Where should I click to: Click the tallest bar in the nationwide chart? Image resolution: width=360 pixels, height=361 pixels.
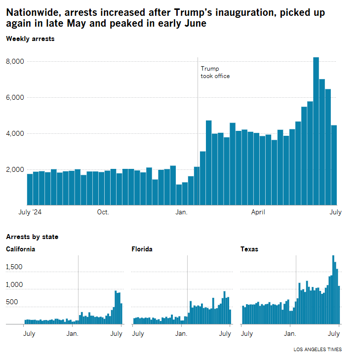tap(316, 131)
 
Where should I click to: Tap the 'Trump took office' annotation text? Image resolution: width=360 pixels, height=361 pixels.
tap(215, 72)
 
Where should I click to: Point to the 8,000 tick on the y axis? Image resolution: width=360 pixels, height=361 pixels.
tap(16, 61)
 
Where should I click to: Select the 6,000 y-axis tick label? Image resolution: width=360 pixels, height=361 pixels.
tap(16, 97)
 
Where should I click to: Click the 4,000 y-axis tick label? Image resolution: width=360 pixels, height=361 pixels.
tap(16, 133)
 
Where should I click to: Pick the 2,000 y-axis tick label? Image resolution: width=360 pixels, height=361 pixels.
tap(16, 169)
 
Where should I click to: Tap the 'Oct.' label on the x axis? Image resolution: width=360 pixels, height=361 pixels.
tap(103, 212)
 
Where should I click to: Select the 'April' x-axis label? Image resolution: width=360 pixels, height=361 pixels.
tap(258, 212)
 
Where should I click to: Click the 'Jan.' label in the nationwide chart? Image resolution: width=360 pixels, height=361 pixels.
tap(181, 212)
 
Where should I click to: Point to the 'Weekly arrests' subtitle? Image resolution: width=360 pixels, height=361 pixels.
tap(30, 39)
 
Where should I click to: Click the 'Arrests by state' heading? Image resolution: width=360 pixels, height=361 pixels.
tap(32, 237)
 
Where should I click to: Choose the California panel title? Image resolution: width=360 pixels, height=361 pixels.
tap(20, 249)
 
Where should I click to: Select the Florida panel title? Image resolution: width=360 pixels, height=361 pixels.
tap(142, 249)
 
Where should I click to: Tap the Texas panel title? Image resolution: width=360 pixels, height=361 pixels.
tap(249, 249)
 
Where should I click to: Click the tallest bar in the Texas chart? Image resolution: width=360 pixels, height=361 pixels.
tap(333, 290)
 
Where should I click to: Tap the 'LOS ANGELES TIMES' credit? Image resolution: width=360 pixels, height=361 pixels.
tap(317, 350)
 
